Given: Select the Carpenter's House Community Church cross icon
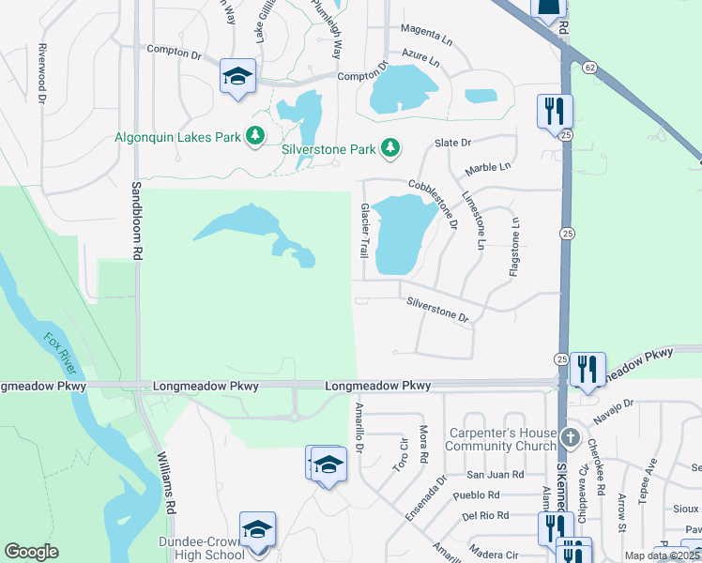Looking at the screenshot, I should [x=570, y=438].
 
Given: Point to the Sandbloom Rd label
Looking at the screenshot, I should [x=136, y=221].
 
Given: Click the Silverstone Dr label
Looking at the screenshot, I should [x=437, y=310].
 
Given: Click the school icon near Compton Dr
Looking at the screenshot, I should [x=237, y=77].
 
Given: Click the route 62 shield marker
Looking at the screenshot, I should [x=588, y=68].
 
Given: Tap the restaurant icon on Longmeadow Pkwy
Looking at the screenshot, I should [x=588, y=369].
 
